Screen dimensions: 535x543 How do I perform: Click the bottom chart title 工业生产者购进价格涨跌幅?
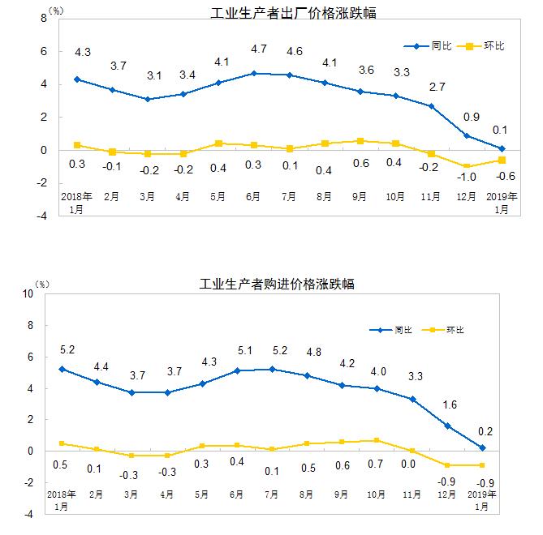click(277, 285)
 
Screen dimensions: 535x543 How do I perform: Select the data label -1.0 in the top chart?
click(467, 178)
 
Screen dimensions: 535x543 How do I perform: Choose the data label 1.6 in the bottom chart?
click(446, 404)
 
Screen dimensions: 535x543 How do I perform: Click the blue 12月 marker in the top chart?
click(467, 135)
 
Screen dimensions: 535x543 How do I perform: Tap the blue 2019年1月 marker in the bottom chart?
click(482, 447)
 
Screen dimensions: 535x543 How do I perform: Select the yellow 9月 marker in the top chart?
click(361, 141)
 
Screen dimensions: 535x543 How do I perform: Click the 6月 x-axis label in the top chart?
click(256, 197)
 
